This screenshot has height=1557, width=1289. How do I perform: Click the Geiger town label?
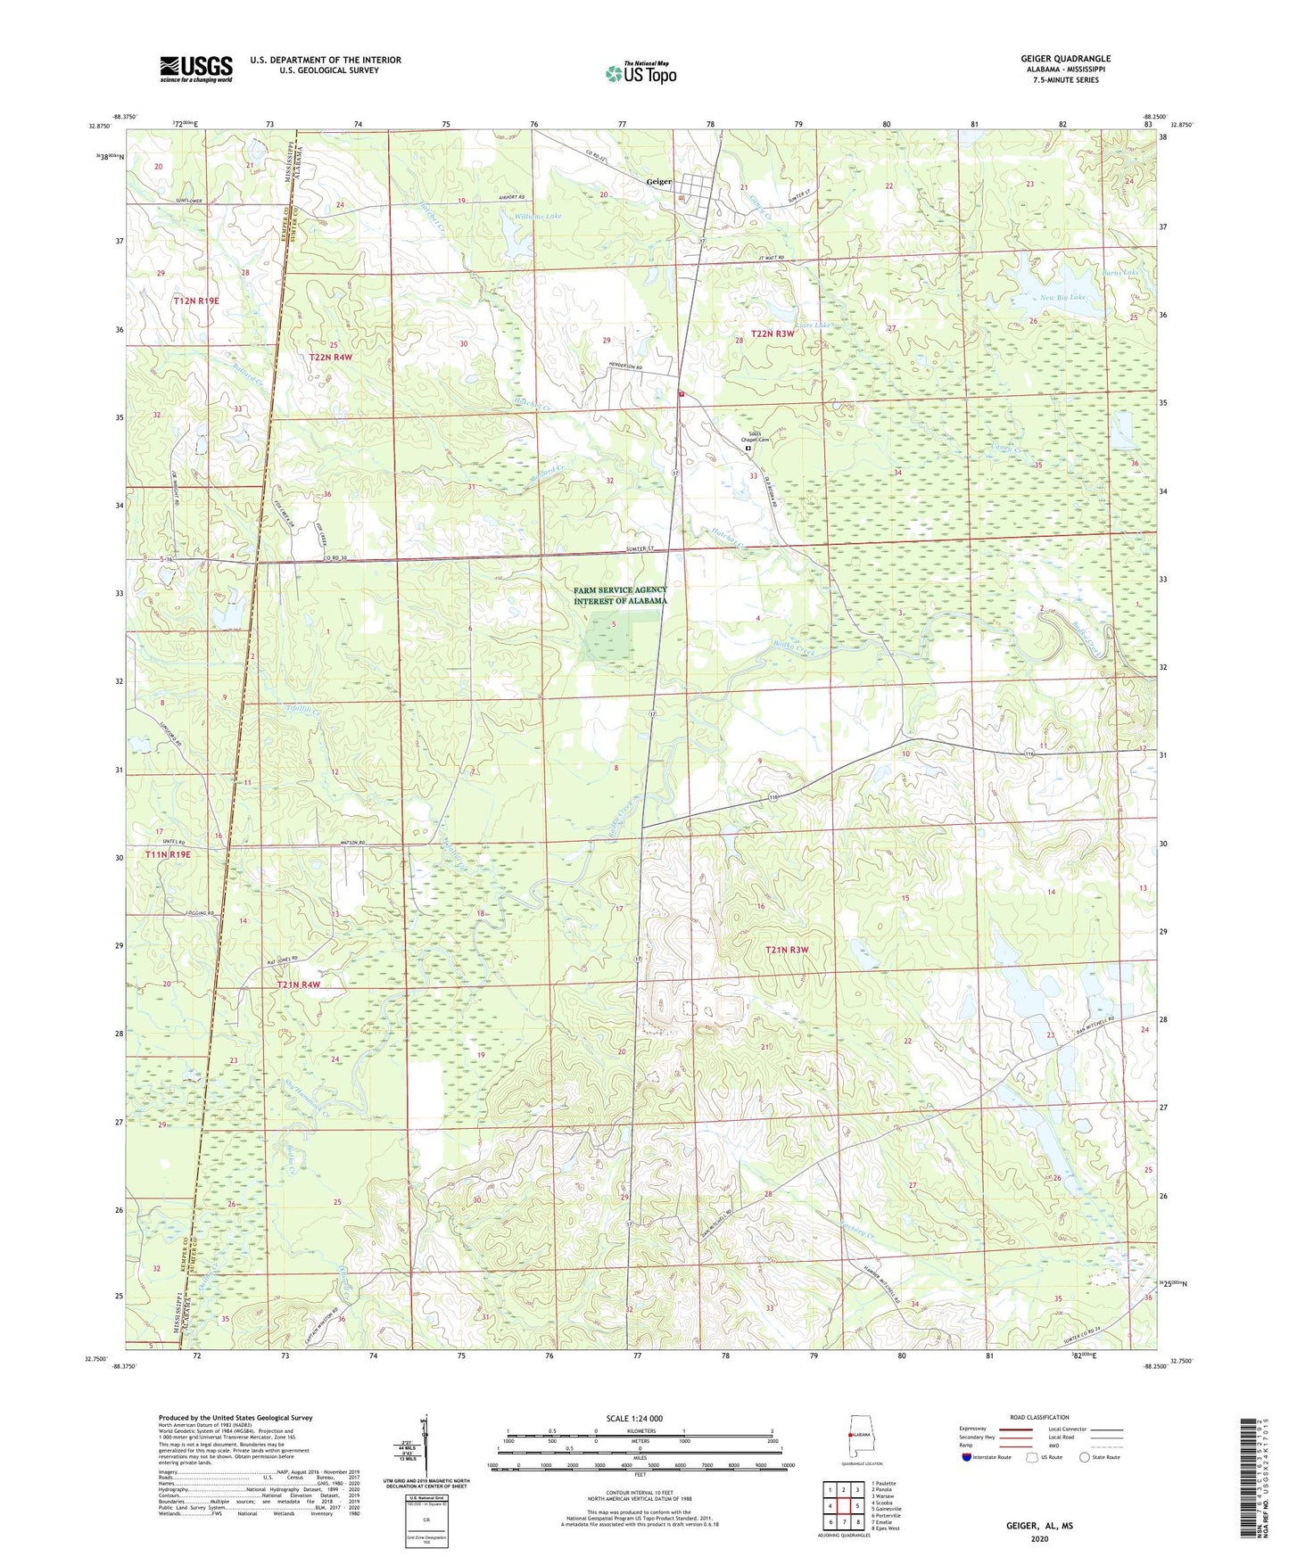[x=658, y=181]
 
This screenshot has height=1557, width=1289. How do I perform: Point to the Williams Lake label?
[x=538, y=216]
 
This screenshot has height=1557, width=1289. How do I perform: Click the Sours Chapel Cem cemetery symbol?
[x=748, y=449]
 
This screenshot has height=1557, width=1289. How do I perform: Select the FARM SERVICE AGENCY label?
[x=620, y=590]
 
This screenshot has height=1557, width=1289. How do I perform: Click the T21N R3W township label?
[x=786, y=950]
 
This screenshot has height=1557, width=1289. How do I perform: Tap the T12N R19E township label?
[x=195, y=301]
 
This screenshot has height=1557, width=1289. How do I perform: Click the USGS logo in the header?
[x=196, y=69]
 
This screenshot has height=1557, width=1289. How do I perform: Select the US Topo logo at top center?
[x=640, y=73]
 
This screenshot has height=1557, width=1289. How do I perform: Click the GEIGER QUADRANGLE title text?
[x=1065, y=59]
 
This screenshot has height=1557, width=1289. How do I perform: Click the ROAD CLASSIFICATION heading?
[x=1039, y=1417]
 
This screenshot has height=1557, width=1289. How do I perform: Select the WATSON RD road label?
[x=351, y=843]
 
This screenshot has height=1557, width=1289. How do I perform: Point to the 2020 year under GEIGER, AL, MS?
[x=1038, y=1538]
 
